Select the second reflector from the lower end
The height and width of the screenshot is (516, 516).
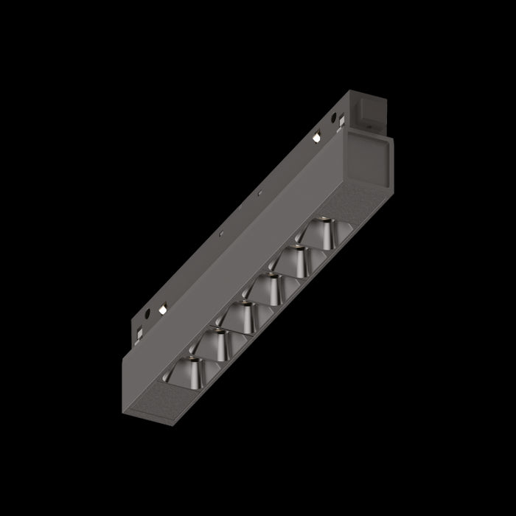coord(214,338)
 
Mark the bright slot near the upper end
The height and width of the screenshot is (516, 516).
coord(315,137)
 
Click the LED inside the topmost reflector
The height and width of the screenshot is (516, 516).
coord(322,220)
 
